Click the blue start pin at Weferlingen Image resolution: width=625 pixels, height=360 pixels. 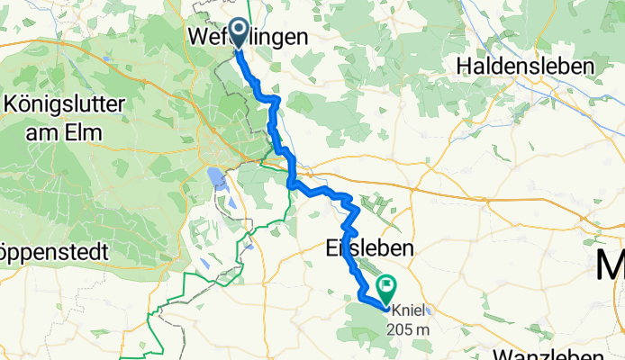240,33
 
